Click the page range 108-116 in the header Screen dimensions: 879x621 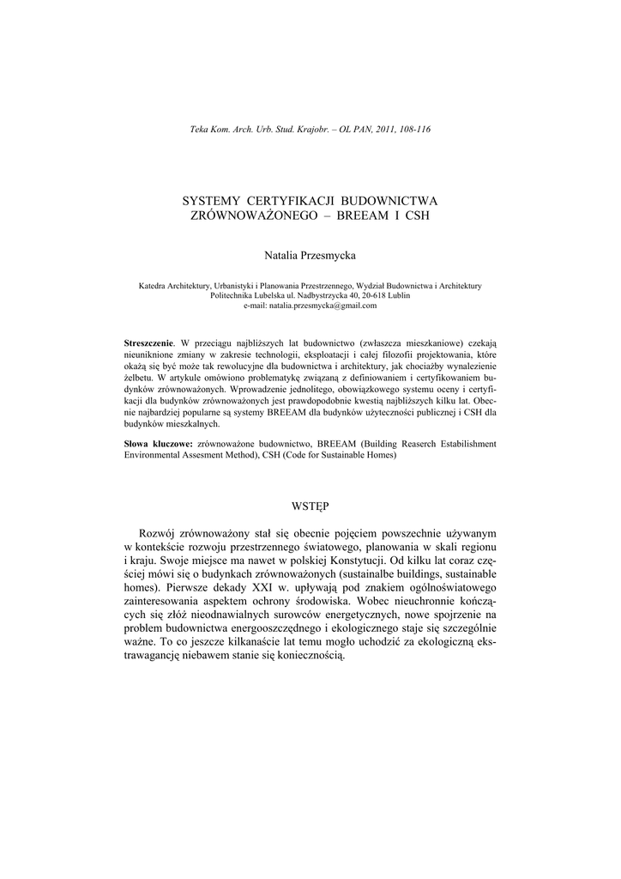point(413,129)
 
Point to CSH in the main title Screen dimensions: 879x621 point(414,215)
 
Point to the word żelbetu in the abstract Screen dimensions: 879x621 point(138,376)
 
